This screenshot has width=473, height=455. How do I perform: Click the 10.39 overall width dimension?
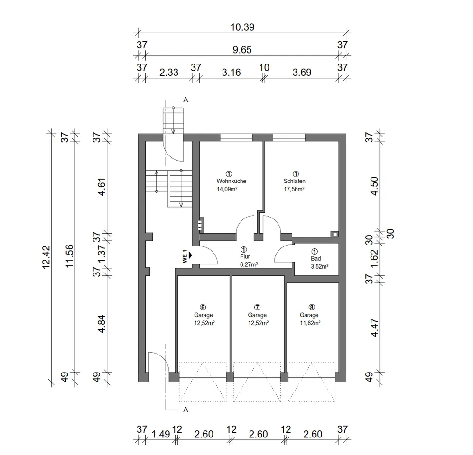(x=242, y=27)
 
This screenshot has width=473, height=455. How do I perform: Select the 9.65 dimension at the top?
(x=242, y=50)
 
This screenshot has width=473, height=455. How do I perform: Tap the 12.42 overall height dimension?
(x=46, y=257)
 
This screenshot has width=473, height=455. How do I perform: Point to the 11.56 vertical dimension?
(x=69, y=256)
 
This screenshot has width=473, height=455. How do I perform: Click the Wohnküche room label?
(x=232, y=181)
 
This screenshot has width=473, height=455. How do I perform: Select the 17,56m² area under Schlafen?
(x=294, y=189)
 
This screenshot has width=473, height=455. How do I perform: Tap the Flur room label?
(x=245, y=256)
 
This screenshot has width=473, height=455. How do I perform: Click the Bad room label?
(x=316, y=258)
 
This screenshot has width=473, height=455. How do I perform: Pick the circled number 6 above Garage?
(x=203, y=307)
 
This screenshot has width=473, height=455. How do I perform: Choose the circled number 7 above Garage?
(x=257, y=307)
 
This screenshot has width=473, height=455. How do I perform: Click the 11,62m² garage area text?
(x=310, y=323)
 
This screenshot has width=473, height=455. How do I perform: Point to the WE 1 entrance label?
(x=185, y=256)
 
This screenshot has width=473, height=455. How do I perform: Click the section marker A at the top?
(x=186, y=100)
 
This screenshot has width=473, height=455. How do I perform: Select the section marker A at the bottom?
(x=186, y=410)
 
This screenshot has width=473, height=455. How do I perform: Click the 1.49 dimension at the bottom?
(x=161, y=434)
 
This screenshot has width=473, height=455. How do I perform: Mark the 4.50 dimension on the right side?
(x=374, y=186)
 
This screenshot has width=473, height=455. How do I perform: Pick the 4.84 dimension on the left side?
(x=102, y=324)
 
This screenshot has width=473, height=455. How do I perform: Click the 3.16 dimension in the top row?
(x=232, y=73)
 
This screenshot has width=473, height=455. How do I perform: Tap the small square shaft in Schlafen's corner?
(x=334, y=234)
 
